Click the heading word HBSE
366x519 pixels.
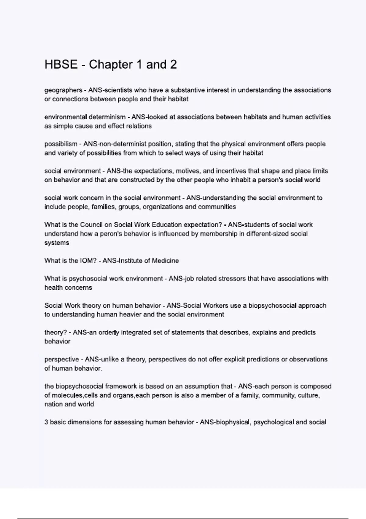click(x=61, y=65)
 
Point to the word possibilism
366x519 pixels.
click(x=61, y=144)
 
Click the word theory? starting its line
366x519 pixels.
click(x=56, y=333)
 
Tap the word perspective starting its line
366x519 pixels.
click(x=62, y=360)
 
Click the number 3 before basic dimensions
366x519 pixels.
click(x=46, y=423)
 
